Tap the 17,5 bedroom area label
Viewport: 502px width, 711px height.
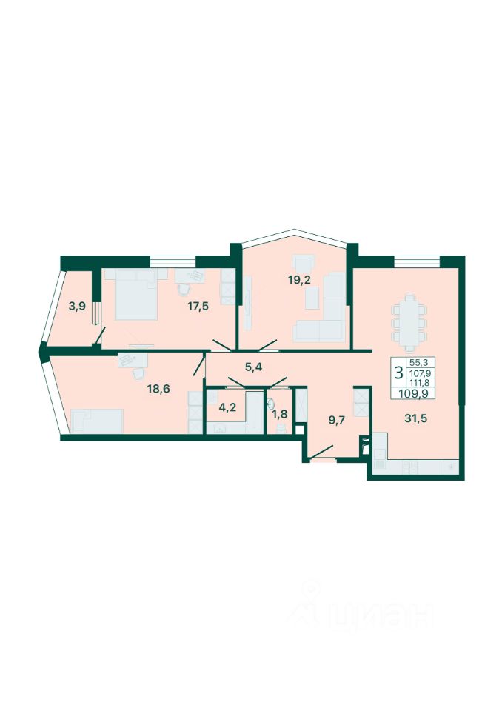pos(198,306)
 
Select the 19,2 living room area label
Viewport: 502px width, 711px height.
pos(299,279)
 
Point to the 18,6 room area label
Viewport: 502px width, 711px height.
pos(158,389)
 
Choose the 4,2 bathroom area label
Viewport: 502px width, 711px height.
pos(227,407)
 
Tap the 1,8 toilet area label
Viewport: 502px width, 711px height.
pos(281,413)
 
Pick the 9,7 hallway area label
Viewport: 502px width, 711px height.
pos(337,419)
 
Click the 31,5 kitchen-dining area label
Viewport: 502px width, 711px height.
pos(415,418)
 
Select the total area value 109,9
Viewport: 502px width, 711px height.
pos(413,393)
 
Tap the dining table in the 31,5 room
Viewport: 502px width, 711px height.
pos(409,322)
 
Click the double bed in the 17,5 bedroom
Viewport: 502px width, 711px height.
pos(136,294)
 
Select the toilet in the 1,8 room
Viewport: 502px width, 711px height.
pos(281,427)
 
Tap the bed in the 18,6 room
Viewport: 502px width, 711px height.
pos(97,421)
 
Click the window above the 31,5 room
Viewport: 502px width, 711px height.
pos(417,261)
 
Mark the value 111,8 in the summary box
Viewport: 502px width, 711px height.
pos(418,382)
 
